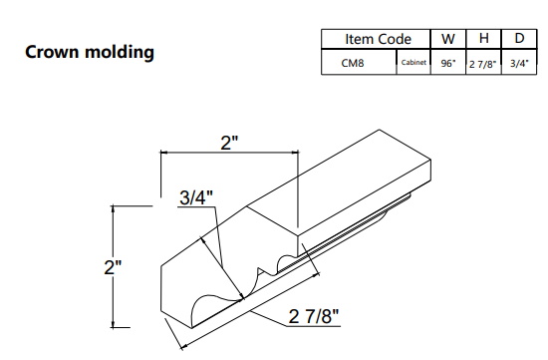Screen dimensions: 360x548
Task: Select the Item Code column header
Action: pos(378,38)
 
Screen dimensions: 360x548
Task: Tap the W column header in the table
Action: pos(447,38)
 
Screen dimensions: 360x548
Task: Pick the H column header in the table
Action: pos(483,38)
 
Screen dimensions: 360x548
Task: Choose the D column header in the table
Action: pos(518,38)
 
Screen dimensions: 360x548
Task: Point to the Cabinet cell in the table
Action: pos(413,61)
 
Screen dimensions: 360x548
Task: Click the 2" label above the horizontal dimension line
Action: pos(230,142)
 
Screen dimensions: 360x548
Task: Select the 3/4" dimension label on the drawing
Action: pos(195,197)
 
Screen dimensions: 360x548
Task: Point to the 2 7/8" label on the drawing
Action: pos(315,317)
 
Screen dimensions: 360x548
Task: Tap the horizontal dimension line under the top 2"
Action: pos(230,154)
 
